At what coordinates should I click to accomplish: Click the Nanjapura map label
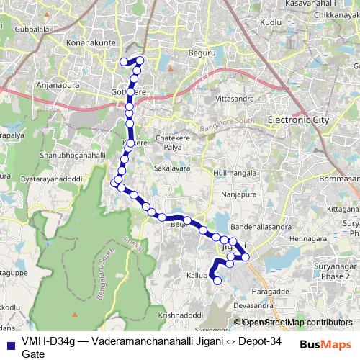240,193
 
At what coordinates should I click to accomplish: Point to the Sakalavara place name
172,168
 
